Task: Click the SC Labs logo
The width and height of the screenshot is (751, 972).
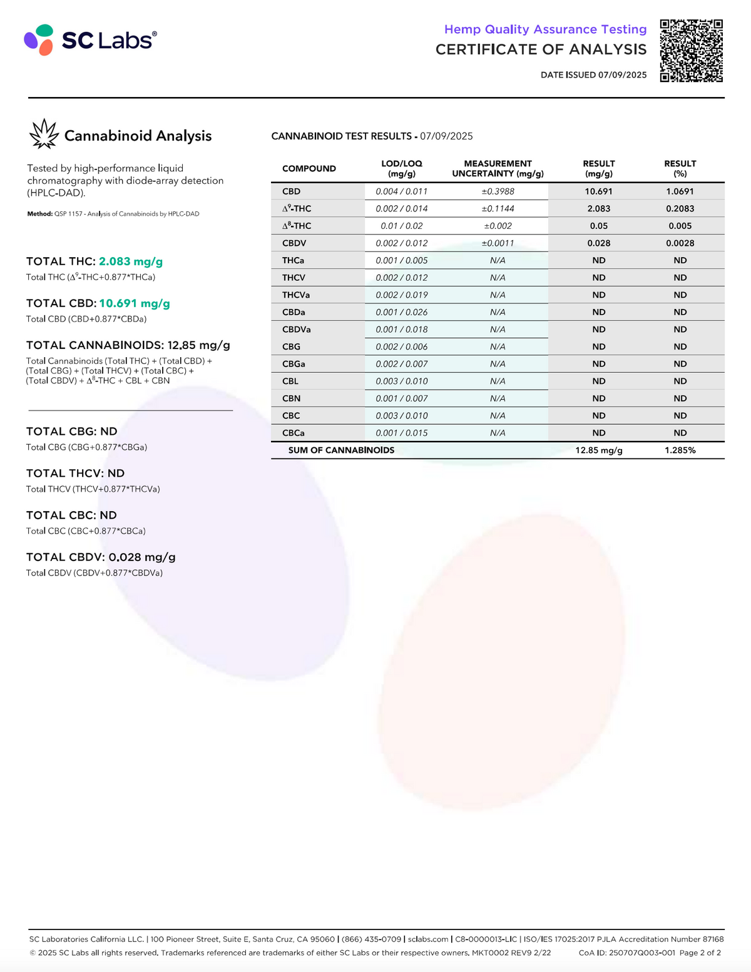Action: (x=90, y=40)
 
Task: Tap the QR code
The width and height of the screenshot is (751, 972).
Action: (x=692, y=51)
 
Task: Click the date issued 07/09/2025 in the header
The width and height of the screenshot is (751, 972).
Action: (x=593, y=75)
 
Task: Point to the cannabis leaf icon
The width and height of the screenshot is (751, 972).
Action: (x=44, y=134)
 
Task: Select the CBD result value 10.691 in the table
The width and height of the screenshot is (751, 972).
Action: (x=598, y=191)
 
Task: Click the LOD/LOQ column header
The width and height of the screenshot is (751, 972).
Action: (x=402, y=168)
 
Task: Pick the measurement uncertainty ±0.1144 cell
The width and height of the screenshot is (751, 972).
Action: (x=498, y=209)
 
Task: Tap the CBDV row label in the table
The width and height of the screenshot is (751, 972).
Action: (x=294, y=243)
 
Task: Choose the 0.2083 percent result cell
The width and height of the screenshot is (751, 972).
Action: (x=680, y=209)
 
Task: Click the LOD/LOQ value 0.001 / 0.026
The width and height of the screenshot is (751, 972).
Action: (x=402, y=312)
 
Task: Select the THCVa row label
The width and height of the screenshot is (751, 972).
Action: (x=296, y=295)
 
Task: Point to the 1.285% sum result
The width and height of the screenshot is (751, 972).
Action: (x=680, y=450)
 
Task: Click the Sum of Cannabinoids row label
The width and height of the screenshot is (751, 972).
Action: (x=341, y=450)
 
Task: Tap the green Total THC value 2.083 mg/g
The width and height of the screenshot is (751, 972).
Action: (x=131, y=261)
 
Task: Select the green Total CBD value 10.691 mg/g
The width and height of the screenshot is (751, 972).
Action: (x=135, y=303)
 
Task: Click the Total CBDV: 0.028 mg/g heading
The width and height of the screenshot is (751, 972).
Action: (x=101, y=557)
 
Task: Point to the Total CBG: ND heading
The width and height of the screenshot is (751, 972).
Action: (x=72, y=432)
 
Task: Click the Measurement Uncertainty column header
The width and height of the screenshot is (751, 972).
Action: (x=498, y=168)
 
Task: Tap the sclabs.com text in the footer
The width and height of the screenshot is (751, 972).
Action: (x=428, y=939)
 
